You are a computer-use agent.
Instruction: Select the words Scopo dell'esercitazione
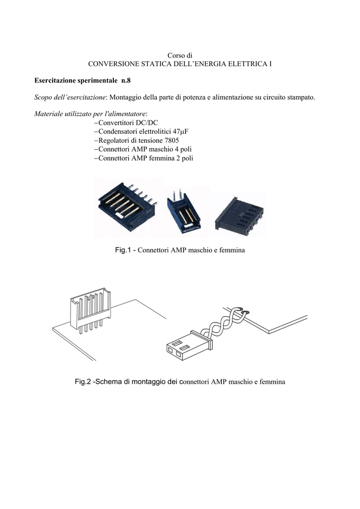tap(70, 97)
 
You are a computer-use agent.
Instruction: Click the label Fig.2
tap(83, 382)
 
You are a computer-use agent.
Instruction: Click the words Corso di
tap(180, 56)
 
